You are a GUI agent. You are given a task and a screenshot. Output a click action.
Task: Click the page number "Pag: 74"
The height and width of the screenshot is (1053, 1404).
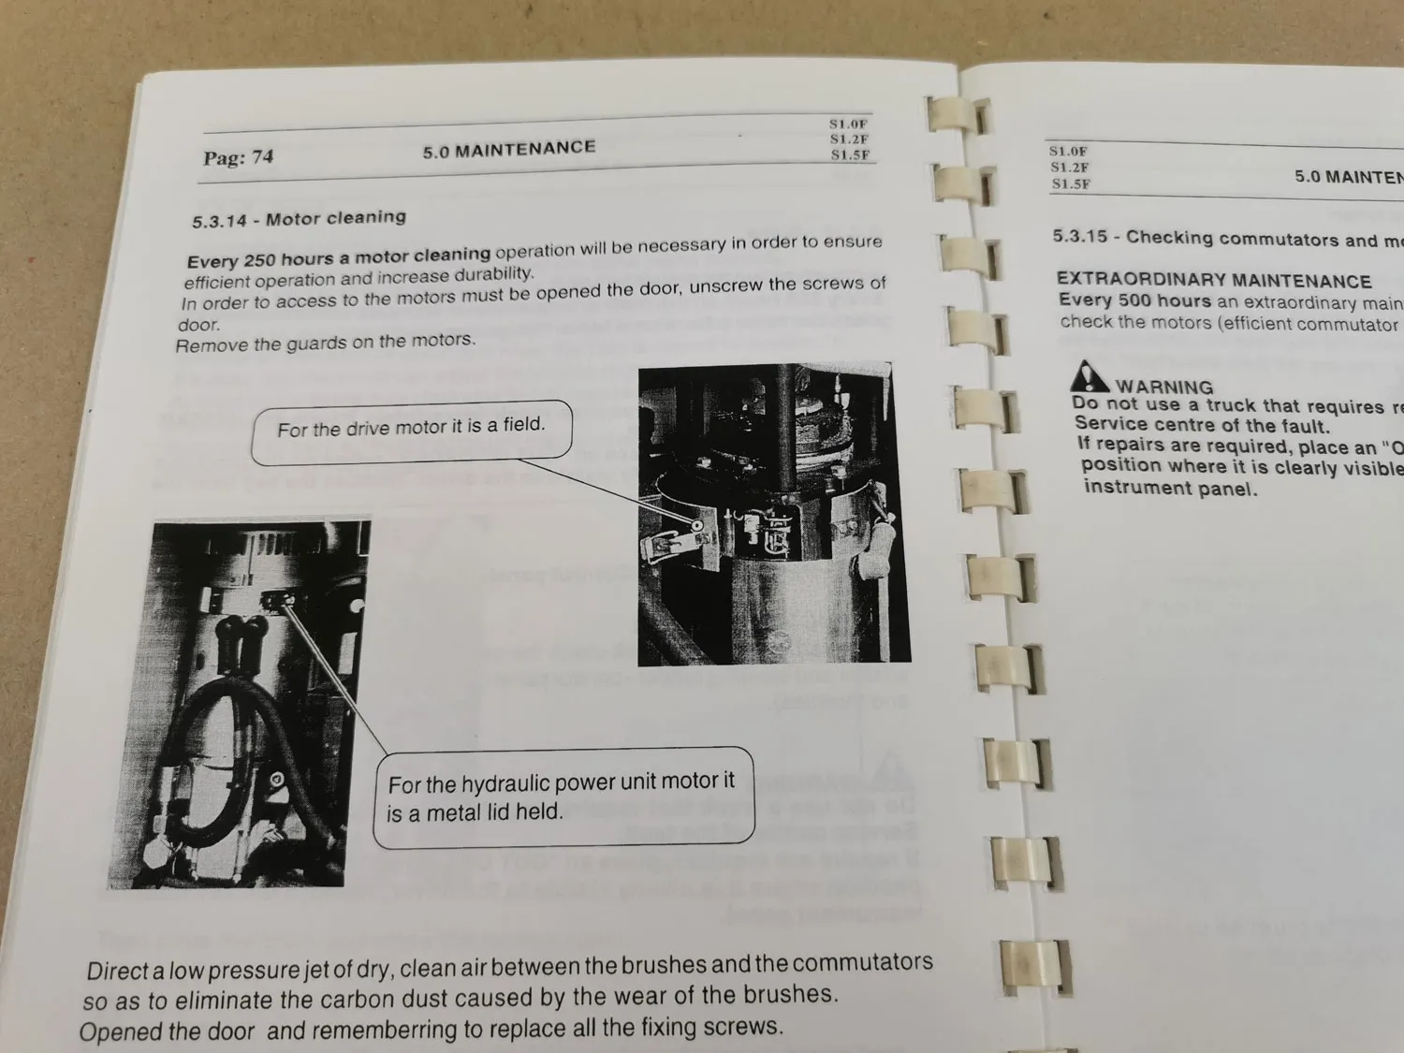coord(238,157)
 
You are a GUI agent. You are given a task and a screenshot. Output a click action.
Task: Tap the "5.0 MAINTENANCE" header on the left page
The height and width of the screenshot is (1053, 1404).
coord(508,149)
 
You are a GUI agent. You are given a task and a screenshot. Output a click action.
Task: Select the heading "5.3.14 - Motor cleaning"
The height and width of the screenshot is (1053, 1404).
coord(300,219)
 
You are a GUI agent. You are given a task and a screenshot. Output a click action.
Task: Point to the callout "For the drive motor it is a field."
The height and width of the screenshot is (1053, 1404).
coord(411,428)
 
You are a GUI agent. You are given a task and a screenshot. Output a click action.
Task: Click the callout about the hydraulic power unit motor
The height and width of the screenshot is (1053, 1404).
coord(562,797)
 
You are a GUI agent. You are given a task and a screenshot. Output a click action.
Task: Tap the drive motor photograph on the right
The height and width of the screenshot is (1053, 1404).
coord(772,515)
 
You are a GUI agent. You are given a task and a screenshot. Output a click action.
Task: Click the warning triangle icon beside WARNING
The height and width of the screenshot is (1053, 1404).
coord(1089,376)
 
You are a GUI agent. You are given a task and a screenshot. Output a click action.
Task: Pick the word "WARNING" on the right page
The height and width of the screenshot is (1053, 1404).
coord(1163,387)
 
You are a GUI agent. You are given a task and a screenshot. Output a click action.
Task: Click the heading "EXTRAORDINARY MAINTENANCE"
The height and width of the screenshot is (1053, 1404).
coord(1213,281)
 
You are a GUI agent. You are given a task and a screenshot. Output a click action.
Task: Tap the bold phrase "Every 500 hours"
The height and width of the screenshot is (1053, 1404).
coord(1134,300)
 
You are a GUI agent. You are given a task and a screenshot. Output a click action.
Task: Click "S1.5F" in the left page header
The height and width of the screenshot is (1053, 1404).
coord(850,155)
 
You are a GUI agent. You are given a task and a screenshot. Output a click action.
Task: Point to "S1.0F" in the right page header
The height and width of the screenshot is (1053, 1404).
coord(1068,151)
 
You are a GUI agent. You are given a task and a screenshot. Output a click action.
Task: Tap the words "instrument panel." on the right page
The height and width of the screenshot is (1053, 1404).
coord(1170,488)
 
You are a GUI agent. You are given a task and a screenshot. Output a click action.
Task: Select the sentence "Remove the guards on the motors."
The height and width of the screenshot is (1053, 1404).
coord(326,343)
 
